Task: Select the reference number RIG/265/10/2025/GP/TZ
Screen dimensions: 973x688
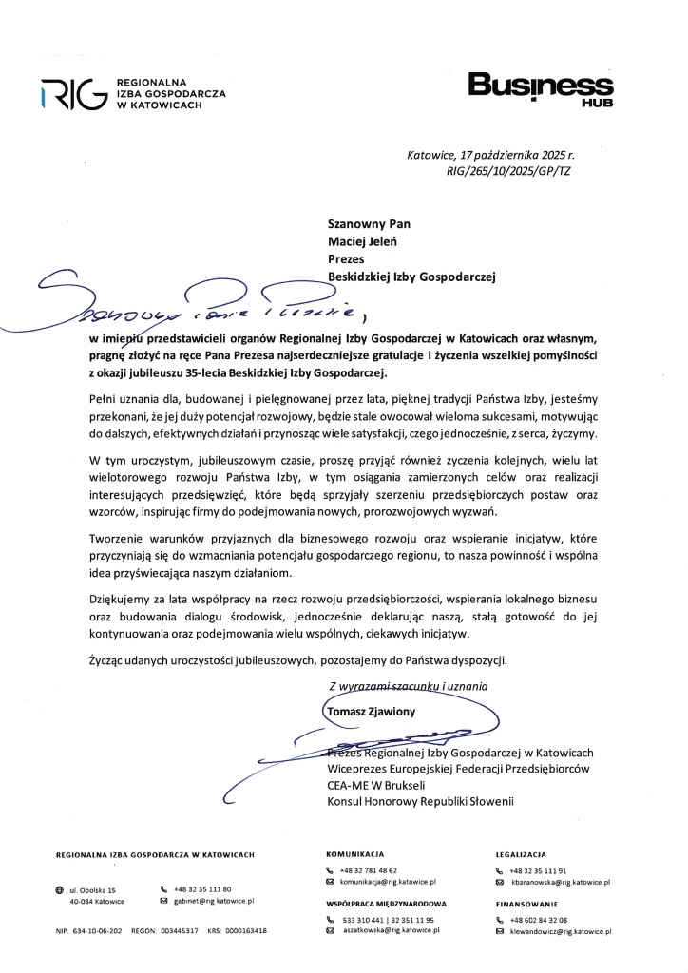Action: click(x=508, y=172)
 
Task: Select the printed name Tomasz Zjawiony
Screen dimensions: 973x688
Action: click(x=371, y=711)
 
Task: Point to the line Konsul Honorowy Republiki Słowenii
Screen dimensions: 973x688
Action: click(x=419, y=802)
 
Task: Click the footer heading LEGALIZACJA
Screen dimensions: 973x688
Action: click(x=521, y=854)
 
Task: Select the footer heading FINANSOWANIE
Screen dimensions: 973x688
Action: click(x=525, y=904)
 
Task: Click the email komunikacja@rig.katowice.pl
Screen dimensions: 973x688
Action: click(x=380, y=882)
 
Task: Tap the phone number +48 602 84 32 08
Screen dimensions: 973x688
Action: click(x=538, y=920)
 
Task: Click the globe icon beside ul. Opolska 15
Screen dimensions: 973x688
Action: click(x=60, y=889)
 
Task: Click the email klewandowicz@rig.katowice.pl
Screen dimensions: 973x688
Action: click(x=560, y=932)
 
